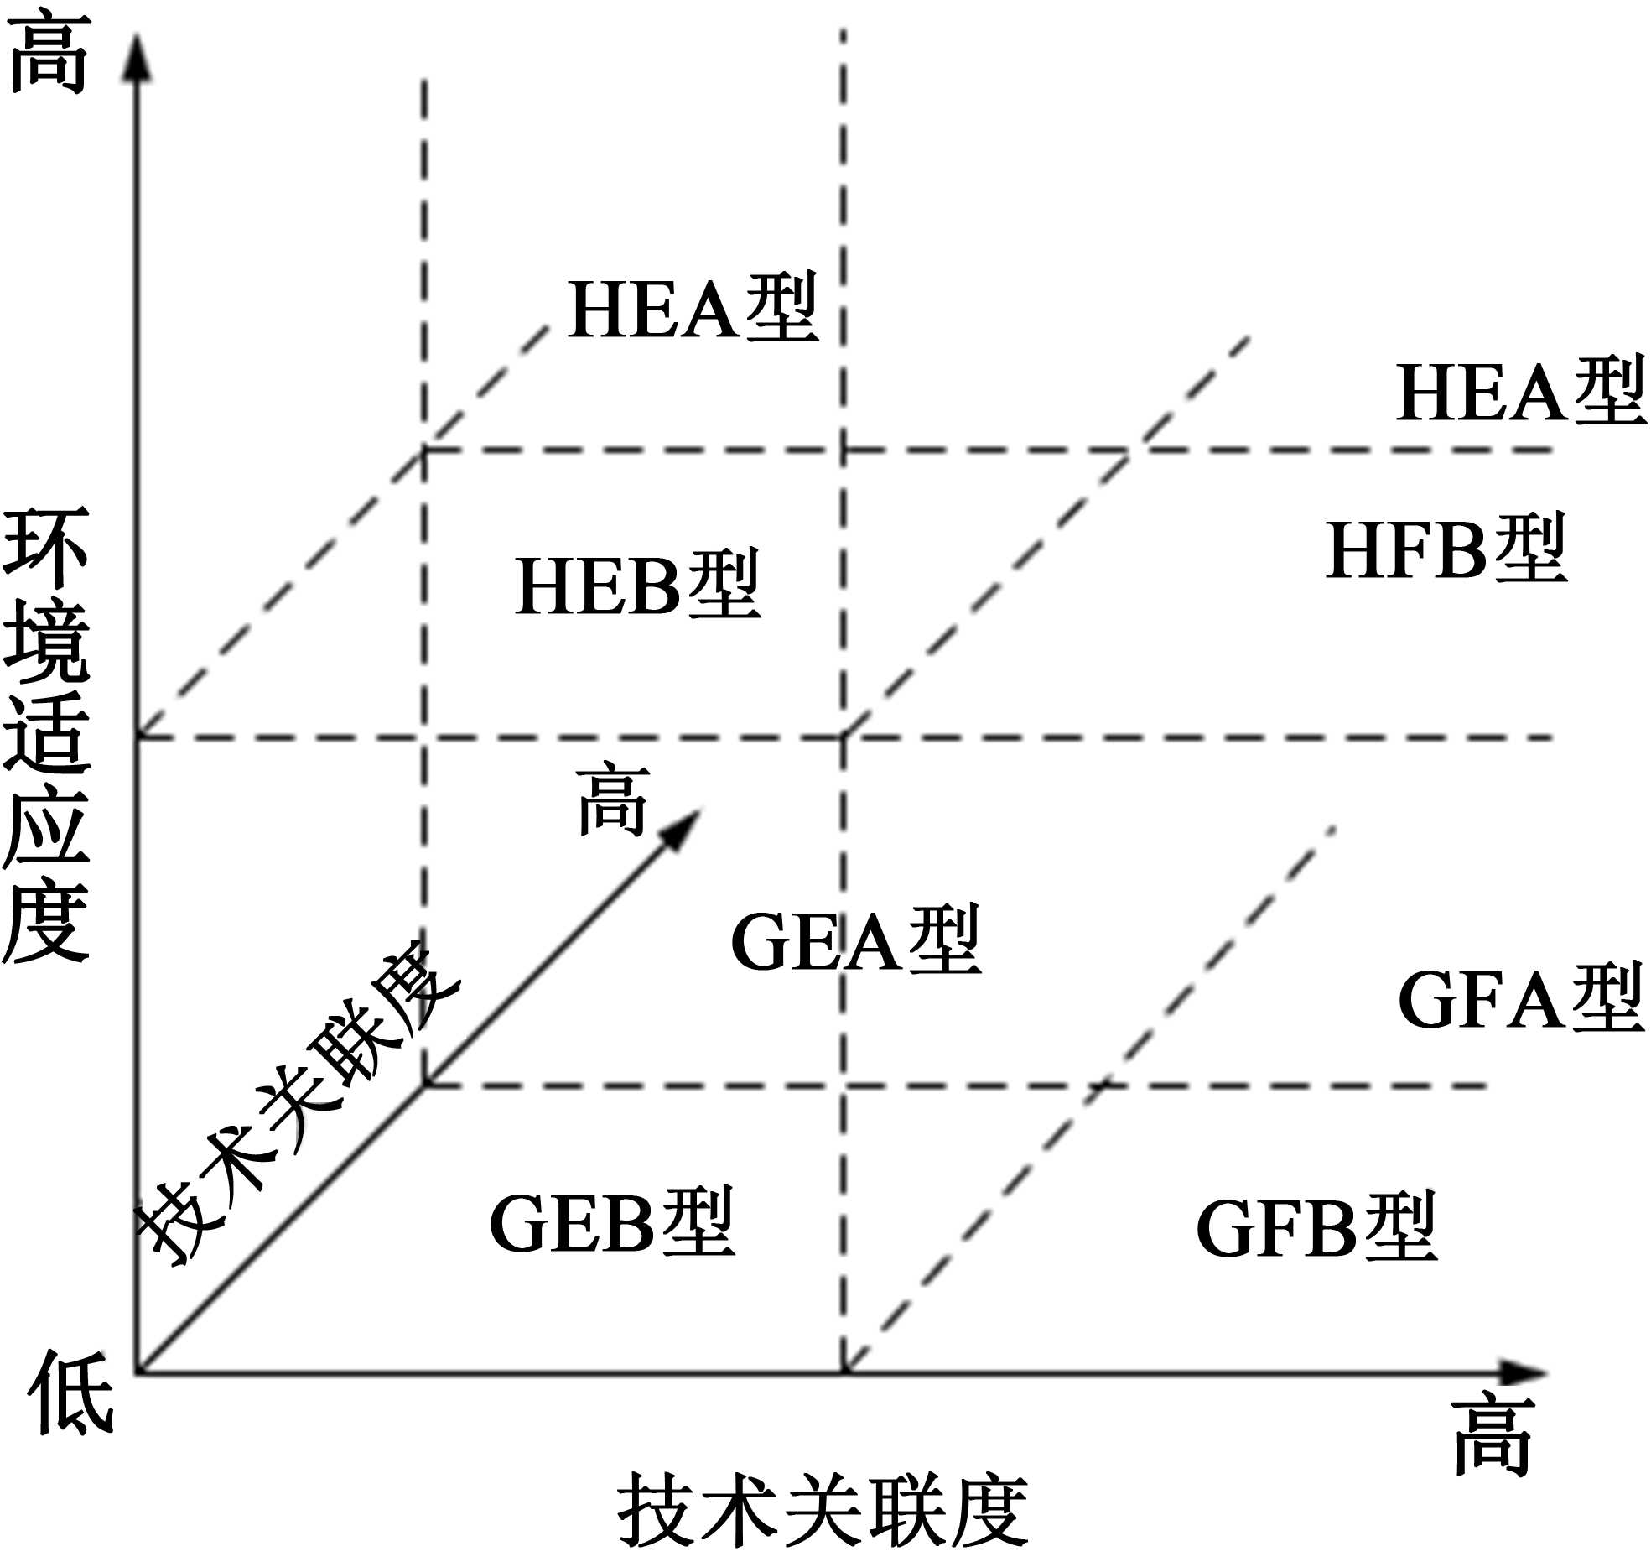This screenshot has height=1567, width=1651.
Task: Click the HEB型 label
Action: [x=637, y=586]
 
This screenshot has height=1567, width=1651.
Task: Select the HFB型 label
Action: [x=1446, y=550]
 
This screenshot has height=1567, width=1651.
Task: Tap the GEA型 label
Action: [x=855, y=941]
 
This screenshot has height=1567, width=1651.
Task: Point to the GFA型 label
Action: [x=1519, y=998]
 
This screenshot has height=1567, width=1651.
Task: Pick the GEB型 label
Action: [x=612, y=1223]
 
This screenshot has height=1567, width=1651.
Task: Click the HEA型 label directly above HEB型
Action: [x=693, y=309]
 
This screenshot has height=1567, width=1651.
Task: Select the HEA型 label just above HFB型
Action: [x=1519, y=393]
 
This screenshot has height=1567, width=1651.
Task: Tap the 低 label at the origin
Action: [x=70, y=1394]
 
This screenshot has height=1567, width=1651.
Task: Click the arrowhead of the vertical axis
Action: [x=137, y=59]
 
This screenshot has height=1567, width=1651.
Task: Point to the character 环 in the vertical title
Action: [x=47, y=549]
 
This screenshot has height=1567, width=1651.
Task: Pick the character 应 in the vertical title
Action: [x=47, y=825]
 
